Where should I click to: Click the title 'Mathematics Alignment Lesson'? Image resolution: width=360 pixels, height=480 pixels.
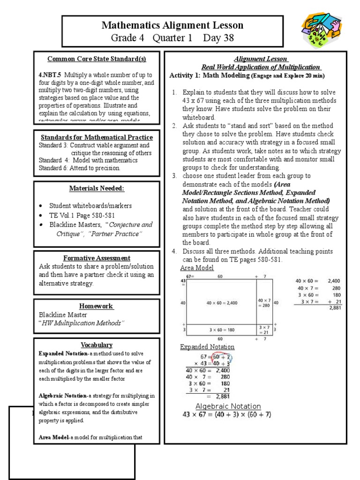(x=172, y=25)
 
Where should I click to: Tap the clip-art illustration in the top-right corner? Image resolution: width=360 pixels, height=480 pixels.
(x=324, y=32)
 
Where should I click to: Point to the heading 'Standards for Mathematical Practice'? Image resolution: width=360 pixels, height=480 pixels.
(x=96, y=137)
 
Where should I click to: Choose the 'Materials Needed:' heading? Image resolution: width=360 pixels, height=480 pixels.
(x=97, y=188)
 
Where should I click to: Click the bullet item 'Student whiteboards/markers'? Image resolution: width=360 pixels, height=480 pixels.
(x=90, y=206)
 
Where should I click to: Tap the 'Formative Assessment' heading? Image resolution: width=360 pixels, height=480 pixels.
(x=97, y=258)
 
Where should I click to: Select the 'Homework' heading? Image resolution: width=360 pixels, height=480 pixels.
(x=96, y=306)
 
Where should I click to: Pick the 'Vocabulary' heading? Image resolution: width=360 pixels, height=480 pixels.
(x=97, y=345)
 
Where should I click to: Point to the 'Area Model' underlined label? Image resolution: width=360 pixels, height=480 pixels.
(x=197, y=268)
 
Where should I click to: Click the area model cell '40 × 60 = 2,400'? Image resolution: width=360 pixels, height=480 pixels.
(x=222, y=303)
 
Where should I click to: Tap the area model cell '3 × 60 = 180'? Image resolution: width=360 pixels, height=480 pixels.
(x=222, y=330)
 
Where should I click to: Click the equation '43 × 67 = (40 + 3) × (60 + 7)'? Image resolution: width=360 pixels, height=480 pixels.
(x=227, y=415)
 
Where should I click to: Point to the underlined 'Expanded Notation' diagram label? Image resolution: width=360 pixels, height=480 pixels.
(x=207, y=347)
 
